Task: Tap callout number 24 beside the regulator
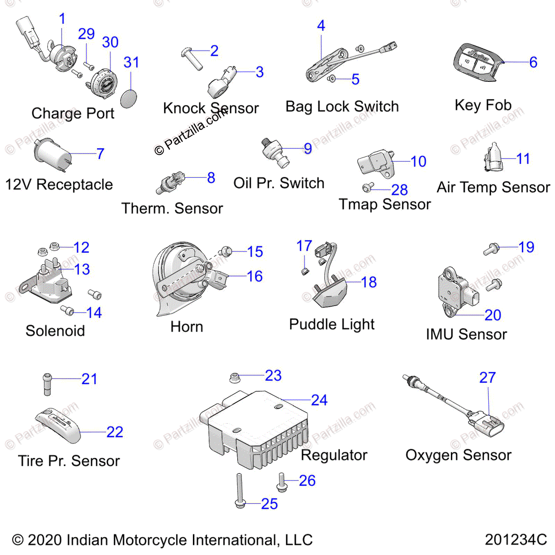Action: click(x=319, y=400)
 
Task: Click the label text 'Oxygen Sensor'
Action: click(x=458, y=455)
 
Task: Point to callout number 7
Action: click(x=100, y=154)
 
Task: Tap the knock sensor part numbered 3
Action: click(x=221, y=83)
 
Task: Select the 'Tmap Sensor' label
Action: click(x=384, y=204)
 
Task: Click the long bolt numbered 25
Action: click(x=239, y=491)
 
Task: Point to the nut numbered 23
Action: click(x=234, y=378)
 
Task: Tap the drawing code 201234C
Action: click(x=516, y=539)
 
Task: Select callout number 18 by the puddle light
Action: click(x=369, y=282)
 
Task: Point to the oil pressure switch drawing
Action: click(x=275, y=153)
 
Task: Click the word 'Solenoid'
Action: click(x=55, y=331)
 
